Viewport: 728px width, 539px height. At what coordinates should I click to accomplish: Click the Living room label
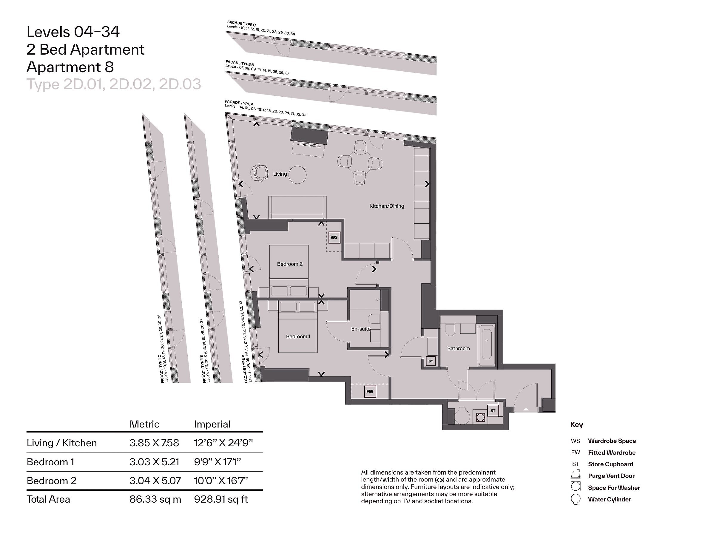tap(280, 174)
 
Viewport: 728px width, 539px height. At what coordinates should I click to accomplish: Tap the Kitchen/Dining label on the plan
tap(387, 206)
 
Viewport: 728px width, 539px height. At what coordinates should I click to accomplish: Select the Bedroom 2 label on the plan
tap(290, 264)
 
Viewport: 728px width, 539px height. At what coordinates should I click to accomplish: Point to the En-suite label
tap(361, 329)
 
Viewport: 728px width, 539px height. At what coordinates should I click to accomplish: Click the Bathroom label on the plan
tap(459, 348)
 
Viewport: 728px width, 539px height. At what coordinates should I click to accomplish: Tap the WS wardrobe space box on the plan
tap(334, 237)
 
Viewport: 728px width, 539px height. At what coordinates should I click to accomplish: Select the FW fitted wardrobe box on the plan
tap(370, 392)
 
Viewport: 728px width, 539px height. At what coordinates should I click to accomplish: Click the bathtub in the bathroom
tap(487, 345)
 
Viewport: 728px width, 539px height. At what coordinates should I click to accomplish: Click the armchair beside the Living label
tap(260, 172)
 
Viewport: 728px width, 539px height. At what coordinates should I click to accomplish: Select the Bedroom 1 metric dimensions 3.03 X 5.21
tap(154, 462)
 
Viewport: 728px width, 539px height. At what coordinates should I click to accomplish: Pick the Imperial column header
tap(212, 424)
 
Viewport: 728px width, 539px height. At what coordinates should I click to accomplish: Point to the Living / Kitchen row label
tap(62, 443)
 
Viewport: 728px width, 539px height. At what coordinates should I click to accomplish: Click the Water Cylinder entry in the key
tap(609, 499)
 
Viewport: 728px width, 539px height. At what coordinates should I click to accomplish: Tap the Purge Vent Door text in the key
tap(611, 476)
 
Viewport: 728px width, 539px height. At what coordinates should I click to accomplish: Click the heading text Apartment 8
tap(70, 67)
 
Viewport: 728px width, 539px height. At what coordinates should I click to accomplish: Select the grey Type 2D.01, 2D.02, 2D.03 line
tap(114, 84)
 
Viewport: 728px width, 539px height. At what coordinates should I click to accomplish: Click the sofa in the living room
tap(297, 207)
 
